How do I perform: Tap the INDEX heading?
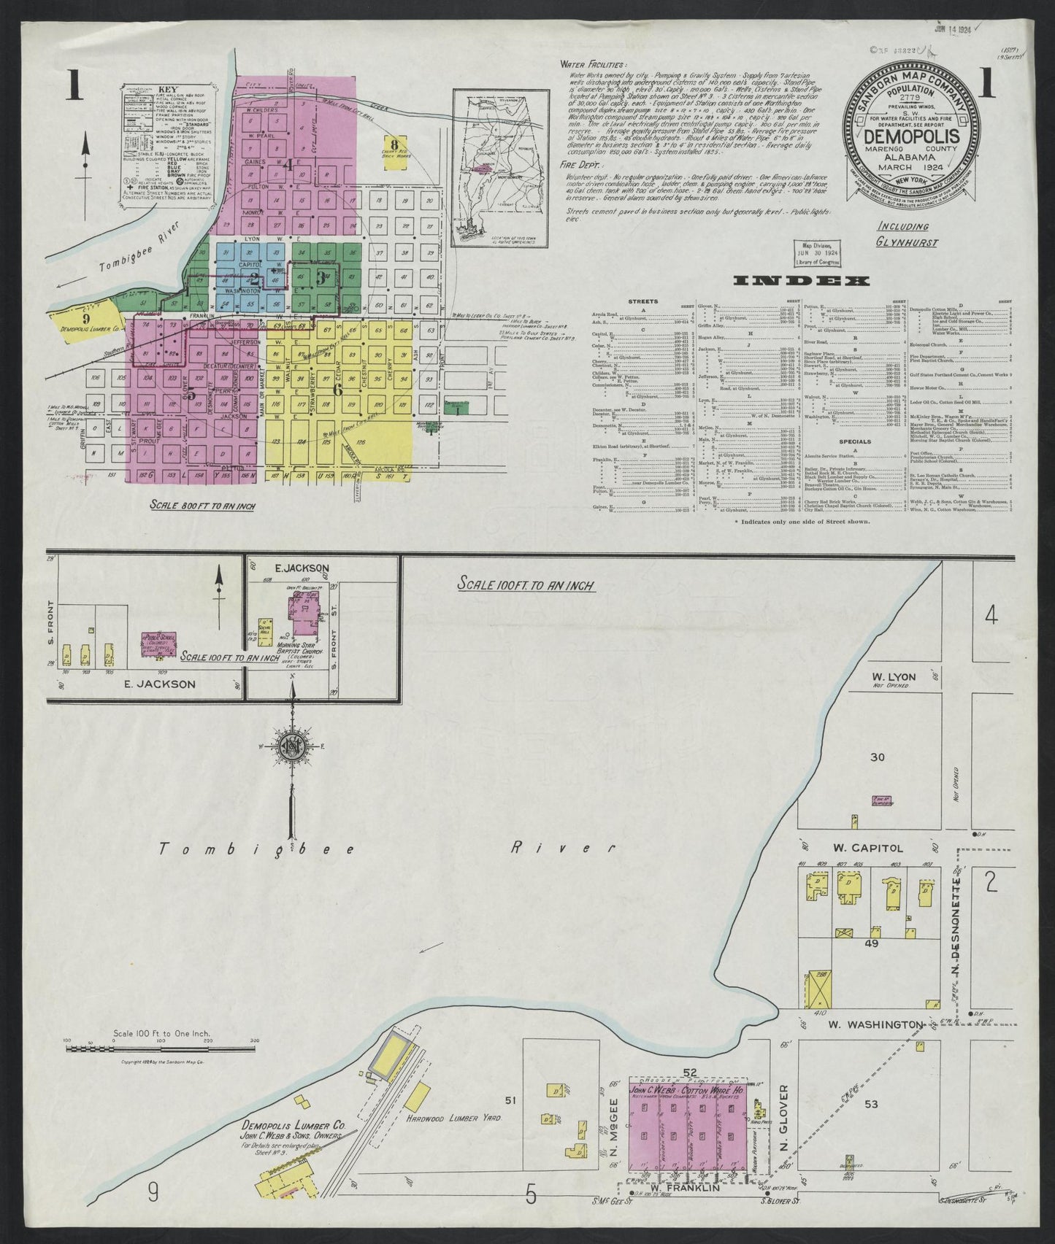[x=801, y=281]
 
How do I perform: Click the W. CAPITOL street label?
[x=875, y=848]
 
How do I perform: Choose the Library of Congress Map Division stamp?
[x=818, y=252]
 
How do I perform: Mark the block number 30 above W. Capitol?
[x=878, y=757]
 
